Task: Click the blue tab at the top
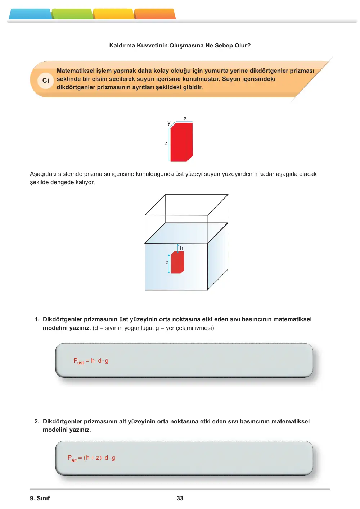click(30, 14)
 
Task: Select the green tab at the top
click(72, 14)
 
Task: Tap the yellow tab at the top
click(113, 14)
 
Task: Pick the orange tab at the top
click(155, 14)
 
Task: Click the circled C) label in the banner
click(46, 81)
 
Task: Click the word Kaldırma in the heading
click(122, 45)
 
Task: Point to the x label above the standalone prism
click(185, 118)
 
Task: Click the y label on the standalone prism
click(169, 123)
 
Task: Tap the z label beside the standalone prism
click(166, 143)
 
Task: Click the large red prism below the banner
click(181, 142)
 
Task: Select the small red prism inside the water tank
click(177, 262)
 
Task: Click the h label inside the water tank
click(181, 248)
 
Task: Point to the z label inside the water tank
click(167, 263)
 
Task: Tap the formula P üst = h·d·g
click(91, 361)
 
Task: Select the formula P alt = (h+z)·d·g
click(91, 458)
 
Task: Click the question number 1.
click(37, 319)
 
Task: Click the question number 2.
click(37, 421)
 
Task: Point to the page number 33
click(180, 498)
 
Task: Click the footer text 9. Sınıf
click(40, 498)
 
